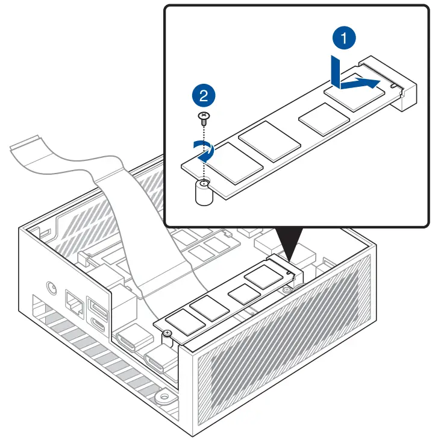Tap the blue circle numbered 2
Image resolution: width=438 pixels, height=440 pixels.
point(203,95)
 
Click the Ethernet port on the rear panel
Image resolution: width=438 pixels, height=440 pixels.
point(75,304)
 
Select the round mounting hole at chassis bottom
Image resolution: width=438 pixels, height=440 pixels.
point(161,397)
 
